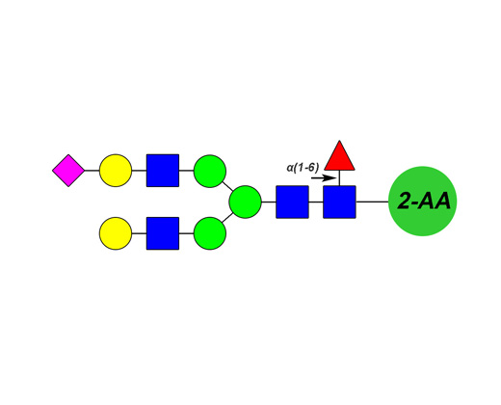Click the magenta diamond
(x=68, y=171)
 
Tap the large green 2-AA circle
(x=423, y=202)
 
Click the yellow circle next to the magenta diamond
(x=116, y=171)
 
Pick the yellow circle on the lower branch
(x=116, y=233)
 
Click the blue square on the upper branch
(x=163, y=171)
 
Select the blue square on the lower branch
(x=163, y=233)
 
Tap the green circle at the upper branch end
(x=210, y=171)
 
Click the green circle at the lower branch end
(x=210, y=233)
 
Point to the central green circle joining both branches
(x=245, y=202)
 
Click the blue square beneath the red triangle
(x=339, y=202)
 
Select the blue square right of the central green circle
(x=292, y=202)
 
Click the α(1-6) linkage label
(x=303, y=168)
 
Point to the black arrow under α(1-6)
(x=324, y=178)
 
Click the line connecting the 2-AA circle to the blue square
(x=372, y=202)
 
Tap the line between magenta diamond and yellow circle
(x=92, y=171)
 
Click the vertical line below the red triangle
(x=339, y=177)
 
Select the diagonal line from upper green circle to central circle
(x=227, y=186)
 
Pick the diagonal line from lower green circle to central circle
(x=227, y=218)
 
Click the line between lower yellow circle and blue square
(x=139, y=233)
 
